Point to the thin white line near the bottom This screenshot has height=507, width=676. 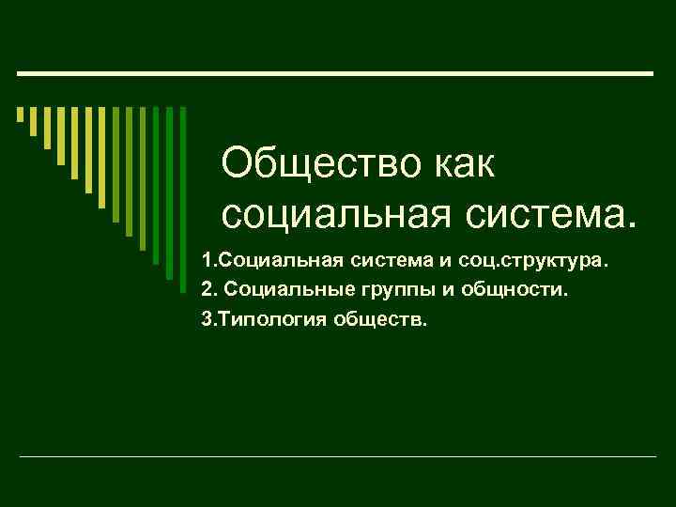click(338, 456)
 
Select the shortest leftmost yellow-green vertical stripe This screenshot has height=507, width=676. click(20, 115)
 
